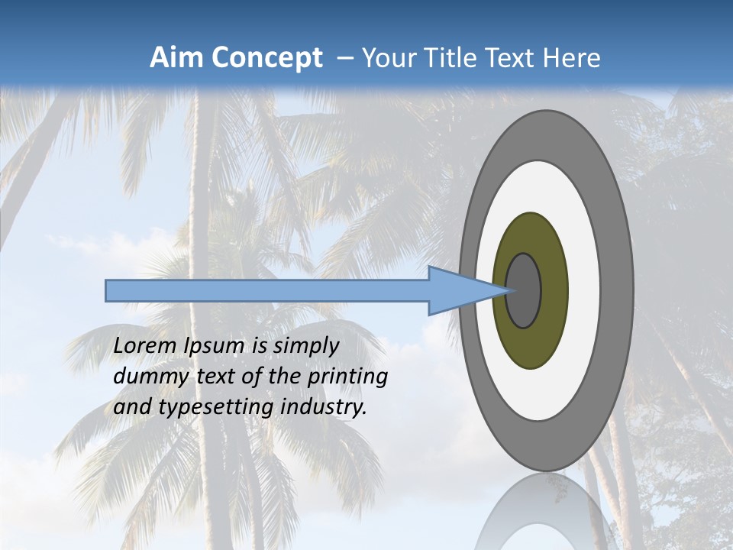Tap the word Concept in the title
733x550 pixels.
click(x=266, y=58)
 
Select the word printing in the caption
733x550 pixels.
click(x=347, y=377)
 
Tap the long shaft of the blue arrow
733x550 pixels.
click(x=267, y=291)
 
